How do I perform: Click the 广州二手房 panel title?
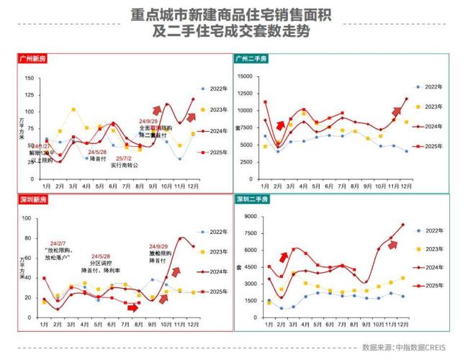coord(254,58)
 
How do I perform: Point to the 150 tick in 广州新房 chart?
coord(30,78)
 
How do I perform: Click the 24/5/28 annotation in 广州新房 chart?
coord(97,152)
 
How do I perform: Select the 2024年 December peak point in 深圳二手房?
coord(402,225)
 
